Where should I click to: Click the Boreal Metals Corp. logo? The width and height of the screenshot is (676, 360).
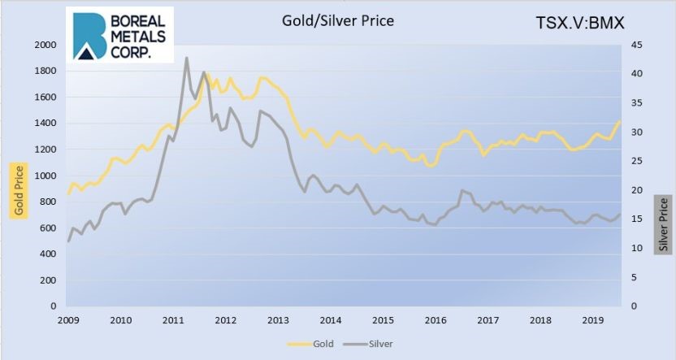[x=120, y=37]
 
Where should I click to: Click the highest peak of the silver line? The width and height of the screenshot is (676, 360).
[x=187, y=58]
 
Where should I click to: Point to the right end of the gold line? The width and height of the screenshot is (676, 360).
[x=620, y=122]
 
